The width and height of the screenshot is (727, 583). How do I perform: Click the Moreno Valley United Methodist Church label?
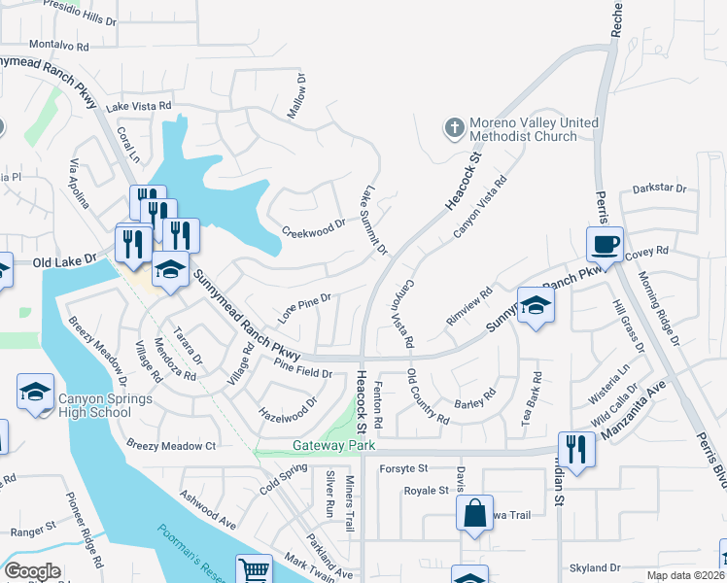(535, 129)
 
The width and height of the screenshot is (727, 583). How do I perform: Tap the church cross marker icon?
(454, 126)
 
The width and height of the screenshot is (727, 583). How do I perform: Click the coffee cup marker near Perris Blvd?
(604, 244)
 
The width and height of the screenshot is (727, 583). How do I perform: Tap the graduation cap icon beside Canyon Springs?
(36, 393)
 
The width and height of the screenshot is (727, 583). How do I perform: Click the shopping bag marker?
(474, 515)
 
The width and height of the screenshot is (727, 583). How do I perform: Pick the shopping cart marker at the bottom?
(254, 571)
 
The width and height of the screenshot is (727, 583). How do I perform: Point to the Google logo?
(32, 570)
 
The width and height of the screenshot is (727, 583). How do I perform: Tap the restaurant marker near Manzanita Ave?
(576, 450)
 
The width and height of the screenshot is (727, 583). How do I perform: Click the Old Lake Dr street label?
(64, 261)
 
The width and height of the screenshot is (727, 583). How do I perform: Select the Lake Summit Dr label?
(374, 222)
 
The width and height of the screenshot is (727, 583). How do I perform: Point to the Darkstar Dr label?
(659, 189)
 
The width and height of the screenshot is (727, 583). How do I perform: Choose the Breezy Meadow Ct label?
(170, 445)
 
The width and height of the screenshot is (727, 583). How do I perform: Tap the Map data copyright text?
(685, 575)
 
